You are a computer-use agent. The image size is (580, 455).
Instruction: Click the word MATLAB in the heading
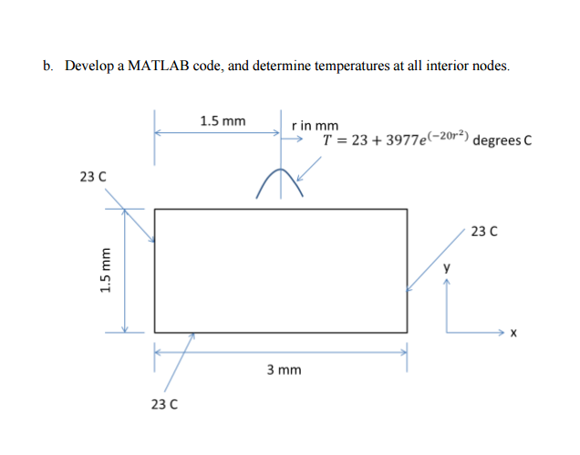[159, 66]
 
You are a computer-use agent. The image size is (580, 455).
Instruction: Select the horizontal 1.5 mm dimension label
[223, 121]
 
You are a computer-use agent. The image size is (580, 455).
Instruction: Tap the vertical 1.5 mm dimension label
[106, 270]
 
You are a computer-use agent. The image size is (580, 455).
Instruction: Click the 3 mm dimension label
[285, 369]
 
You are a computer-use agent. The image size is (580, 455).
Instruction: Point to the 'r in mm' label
[315, 126]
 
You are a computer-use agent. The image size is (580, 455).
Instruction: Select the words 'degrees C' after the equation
[502, 140]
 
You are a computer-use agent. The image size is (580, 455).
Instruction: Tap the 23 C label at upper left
[93, 177]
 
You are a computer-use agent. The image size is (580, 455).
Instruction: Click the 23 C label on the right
[484, 232]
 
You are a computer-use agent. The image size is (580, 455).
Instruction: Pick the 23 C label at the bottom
[164, 404]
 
